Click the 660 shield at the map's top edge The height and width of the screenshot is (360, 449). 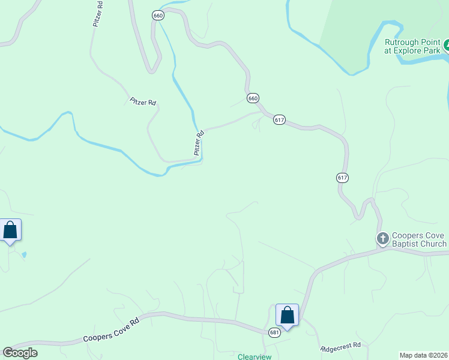coord(158,16)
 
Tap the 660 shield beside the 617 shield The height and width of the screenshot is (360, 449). coord(253,98)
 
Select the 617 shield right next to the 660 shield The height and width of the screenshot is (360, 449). coord(279,120)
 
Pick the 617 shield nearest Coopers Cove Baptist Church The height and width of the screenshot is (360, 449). coord(342,178)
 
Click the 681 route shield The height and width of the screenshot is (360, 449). coord(274,332)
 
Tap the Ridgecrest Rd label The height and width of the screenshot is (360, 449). coord(340,346)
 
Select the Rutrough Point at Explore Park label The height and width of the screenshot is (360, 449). coord(412,46)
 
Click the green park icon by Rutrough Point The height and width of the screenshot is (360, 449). coord(447,45)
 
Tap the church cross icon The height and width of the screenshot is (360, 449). coord(382,239)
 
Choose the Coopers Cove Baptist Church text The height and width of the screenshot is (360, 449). coord(419,239)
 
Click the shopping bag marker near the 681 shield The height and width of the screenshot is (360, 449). coord(287,315)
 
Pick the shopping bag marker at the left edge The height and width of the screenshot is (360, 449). coord(10,230)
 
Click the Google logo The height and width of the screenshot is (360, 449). coord(20,353)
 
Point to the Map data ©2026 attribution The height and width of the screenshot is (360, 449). coord(424,355)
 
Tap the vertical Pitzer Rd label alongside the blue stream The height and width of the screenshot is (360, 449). coord(199,143)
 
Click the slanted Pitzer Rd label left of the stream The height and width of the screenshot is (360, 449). coord(143,102)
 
